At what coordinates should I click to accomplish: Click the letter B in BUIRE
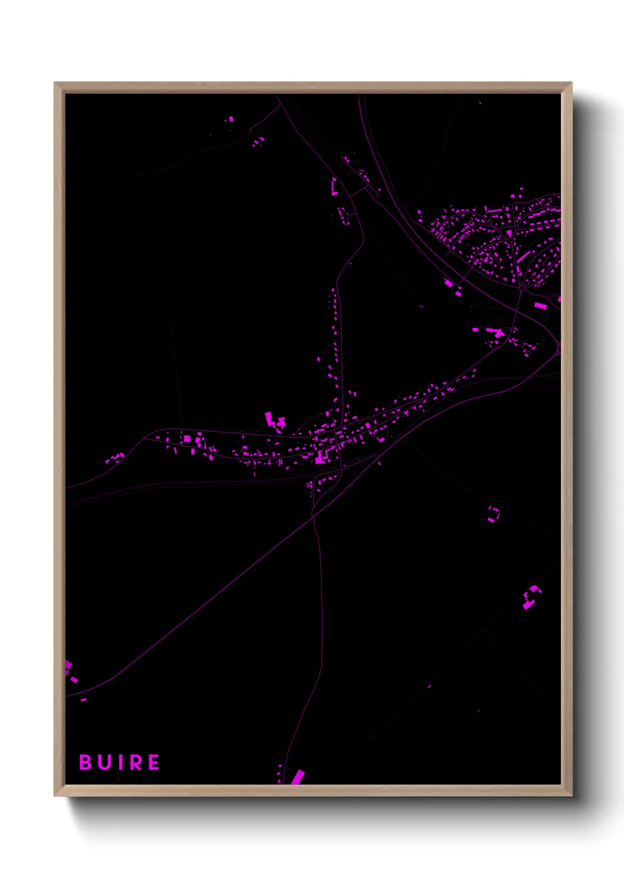(85, 762)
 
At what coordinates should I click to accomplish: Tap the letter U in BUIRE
(103, 762)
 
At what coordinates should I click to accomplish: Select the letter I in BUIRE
(118, 762)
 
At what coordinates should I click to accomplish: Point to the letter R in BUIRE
(135, 762)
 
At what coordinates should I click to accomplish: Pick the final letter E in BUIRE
(153, 762)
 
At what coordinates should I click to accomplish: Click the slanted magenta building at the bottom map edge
(298, 777)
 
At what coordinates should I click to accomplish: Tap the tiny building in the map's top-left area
(231, 119)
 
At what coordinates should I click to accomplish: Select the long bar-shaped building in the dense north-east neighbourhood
(524, 257)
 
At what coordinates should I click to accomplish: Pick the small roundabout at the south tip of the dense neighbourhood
(523, 288)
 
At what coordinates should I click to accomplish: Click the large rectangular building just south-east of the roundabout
(540, 306)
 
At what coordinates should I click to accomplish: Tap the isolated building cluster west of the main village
(114, 458)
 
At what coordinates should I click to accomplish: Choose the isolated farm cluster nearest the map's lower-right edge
(531, 598)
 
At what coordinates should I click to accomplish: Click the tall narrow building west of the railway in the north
(334, 185)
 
